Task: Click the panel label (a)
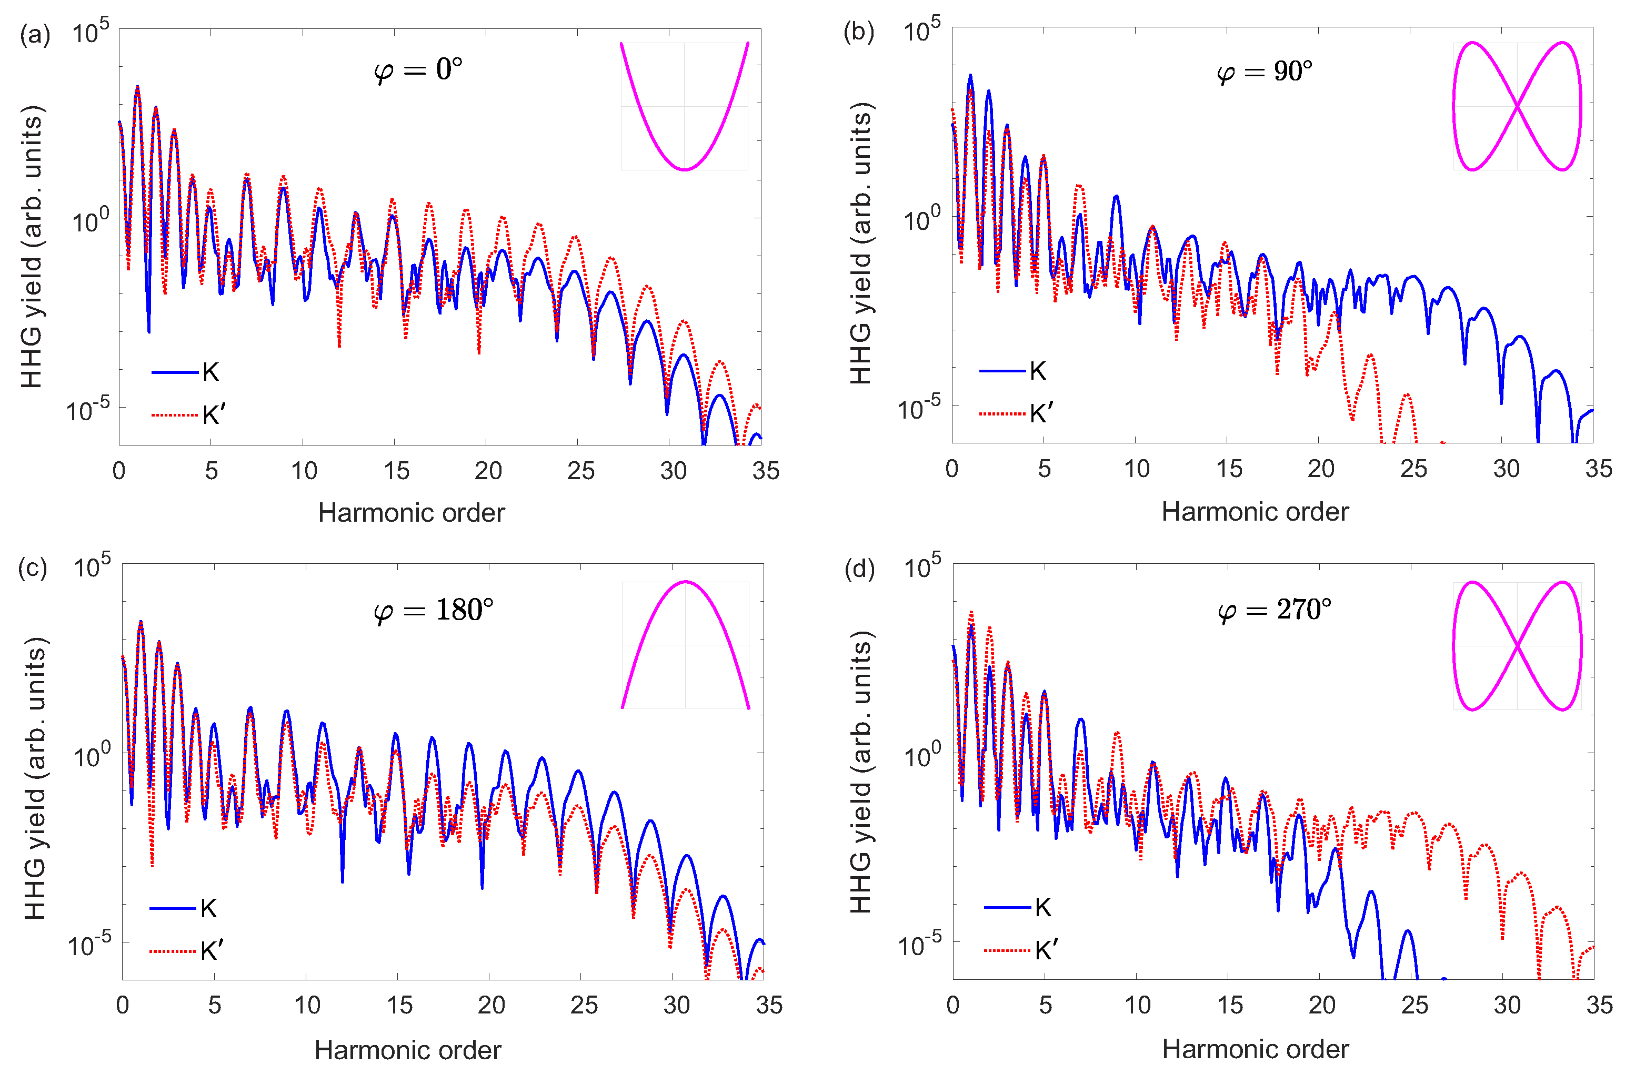pos(35,34)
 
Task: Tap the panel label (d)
pos(859,569)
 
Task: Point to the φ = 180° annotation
pos(433,610)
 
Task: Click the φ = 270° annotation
pos(1274,609)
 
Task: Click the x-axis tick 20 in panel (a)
pos(488,471)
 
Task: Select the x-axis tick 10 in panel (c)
pos(307,1005)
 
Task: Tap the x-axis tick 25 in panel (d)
pos(1415,1005)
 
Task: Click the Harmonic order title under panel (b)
pos(1255,511)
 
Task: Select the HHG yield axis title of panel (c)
pos(35,778)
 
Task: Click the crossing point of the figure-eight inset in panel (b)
pos(1517,106)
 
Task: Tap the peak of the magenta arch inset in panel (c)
pos(685,582)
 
